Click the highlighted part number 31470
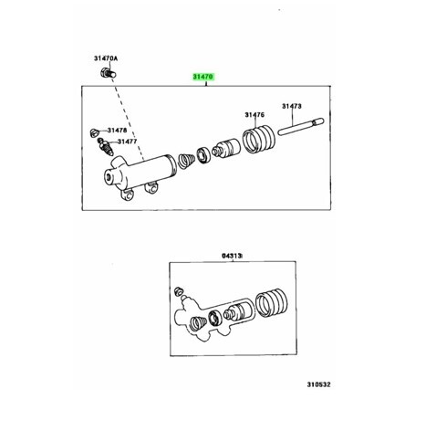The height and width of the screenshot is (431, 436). click(203, 77)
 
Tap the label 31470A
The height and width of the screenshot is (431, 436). click(106, 58)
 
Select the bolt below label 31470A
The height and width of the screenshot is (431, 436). click(109, 73)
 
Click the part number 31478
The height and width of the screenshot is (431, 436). click(117, 131)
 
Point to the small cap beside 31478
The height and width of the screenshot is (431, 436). click(95, 132)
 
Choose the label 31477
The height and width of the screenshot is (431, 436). click(127, 142)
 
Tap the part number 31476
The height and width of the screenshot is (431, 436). click(254, 115)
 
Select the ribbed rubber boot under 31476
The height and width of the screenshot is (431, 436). click(259, 140)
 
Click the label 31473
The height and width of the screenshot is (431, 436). click(292, 106)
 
